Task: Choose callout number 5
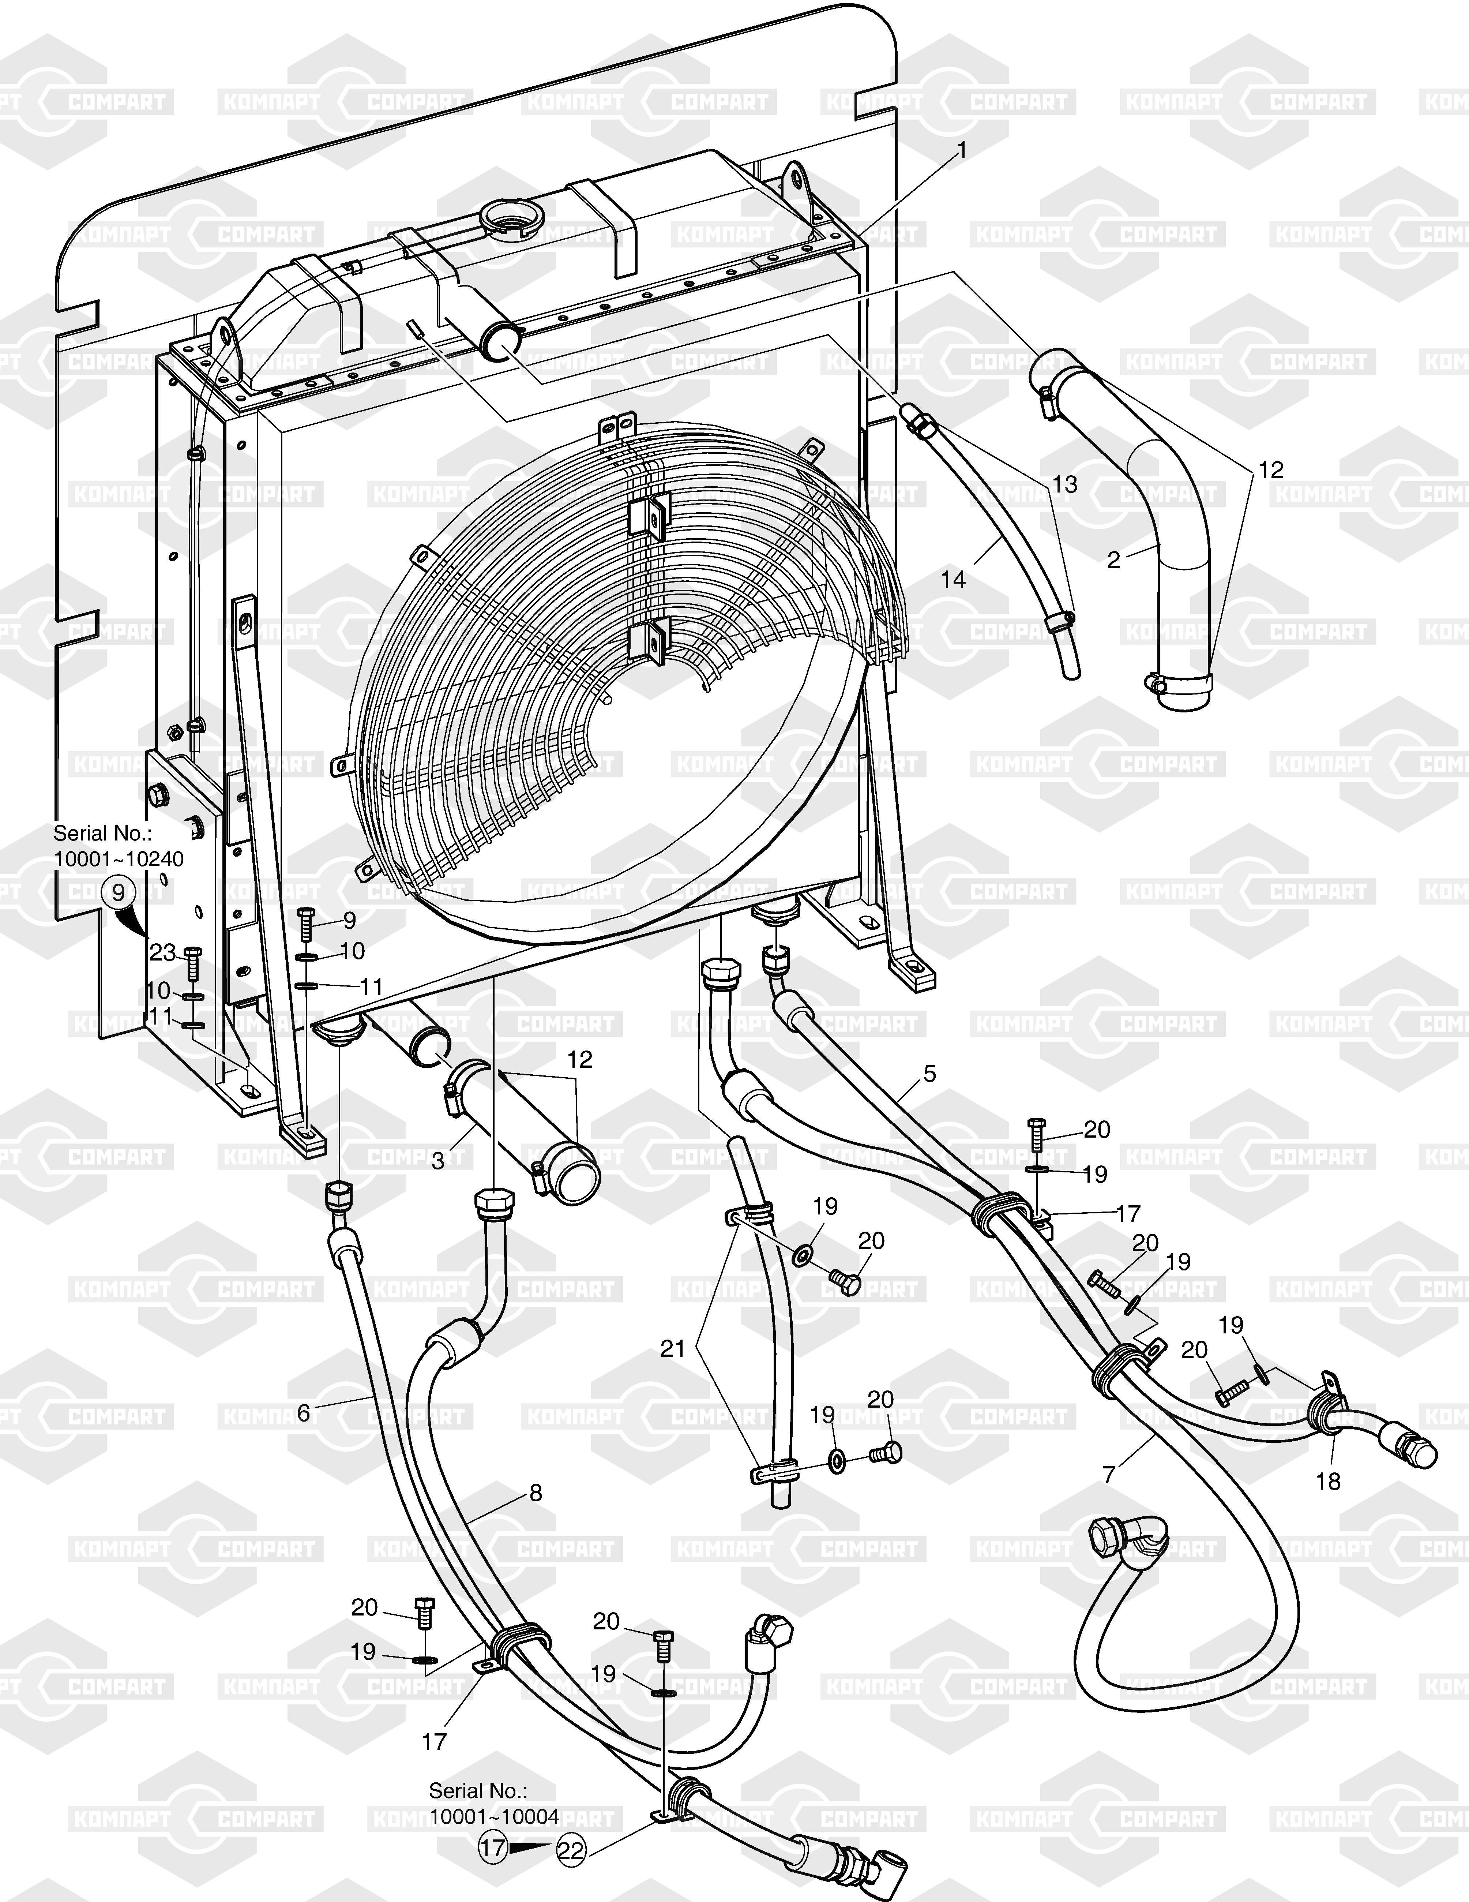click(x=930, y=1074)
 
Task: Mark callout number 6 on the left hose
click(x=303, y=1412)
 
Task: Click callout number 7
click(x=1108, y=1474)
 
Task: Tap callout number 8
click(x=536, y=1493)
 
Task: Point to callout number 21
click(x=672, y=1349)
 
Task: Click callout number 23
click(x=162, y=953)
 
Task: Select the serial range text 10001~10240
click(x=119, y=859)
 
